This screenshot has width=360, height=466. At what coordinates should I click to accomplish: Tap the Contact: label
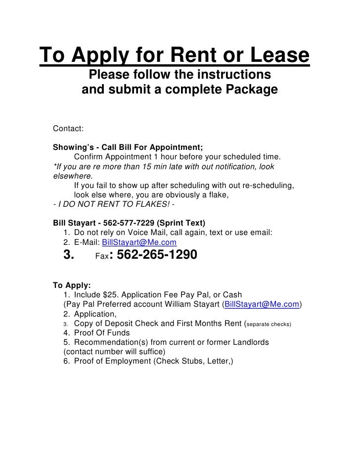pos(68,129)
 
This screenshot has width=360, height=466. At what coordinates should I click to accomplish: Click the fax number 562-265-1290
pos(156,255)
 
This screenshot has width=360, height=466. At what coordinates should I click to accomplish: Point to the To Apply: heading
pos(72,285)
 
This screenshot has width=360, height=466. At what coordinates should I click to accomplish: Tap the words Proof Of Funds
pos(102,332)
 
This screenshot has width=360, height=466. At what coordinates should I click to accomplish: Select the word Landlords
pos(246,342)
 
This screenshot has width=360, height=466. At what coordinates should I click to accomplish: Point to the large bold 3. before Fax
pos(69,255)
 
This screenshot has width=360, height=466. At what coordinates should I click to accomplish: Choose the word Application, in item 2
pos(95,314)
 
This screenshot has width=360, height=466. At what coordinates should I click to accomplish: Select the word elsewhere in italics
pos(72,176)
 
